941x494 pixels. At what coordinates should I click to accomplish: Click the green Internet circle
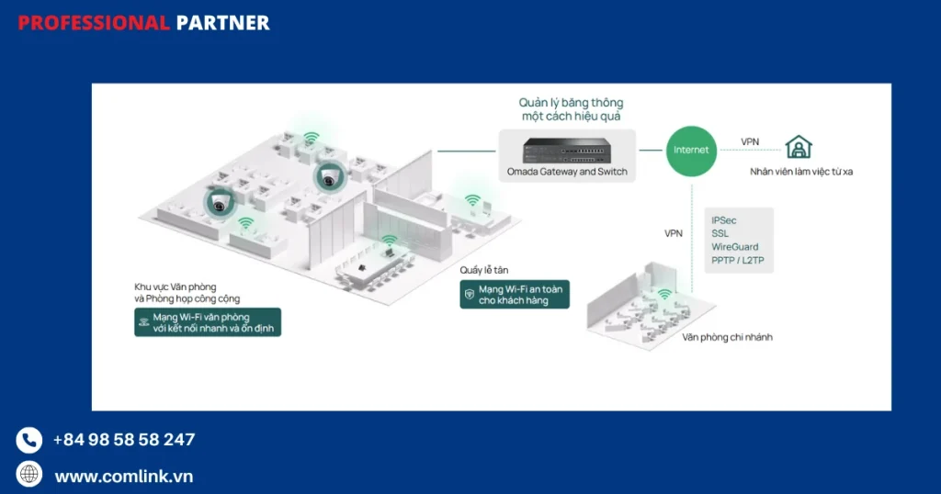[691, 151]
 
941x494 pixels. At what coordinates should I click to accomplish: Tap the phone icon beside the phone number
[29, 441]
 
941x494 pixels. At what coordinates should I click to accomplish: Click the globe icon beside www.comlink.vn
[29, 474]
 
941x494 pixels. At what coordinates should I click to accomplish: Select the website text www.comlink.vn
[124, 477]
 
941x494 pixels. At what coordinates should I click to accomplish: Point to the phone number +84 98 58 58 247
[124, 440]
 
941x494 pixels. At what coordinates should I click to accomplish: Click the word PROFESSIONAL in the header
[94, 23]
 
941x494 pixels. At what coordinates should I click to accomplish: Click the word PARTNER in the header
[222, 23]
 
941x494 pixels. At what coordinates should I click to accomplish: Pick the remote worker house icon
[798, 146]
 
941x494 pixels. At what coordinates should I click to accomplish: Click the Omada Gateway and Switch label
[567, 172]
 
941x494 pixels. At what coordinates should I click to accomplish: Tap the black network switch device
[567, 149]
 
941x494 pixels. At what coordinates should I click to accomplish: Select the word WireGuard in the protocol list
[735, 247]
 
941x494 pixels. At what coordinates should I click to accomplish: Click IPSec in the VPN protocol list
[724, 220]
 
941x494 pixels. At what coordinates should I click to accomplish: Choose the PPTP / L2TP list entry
[738, 261]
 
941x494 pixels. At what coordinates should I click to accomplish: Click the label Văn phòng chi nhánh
[727, 337]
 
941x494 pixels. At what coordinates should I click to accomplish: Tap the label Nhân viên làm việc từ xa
[801, 172]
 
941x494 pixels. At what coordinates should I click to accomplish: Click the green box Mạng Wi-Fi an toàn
[515, 294]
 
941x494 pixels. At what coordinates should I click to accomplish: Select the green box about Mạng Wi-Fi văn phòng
[208, 322]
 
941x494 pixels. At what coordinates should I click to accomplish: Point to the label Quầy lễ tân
[483, 270]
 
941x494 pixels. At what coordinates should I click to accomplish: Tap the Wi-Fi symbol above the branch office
[663, 295]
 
